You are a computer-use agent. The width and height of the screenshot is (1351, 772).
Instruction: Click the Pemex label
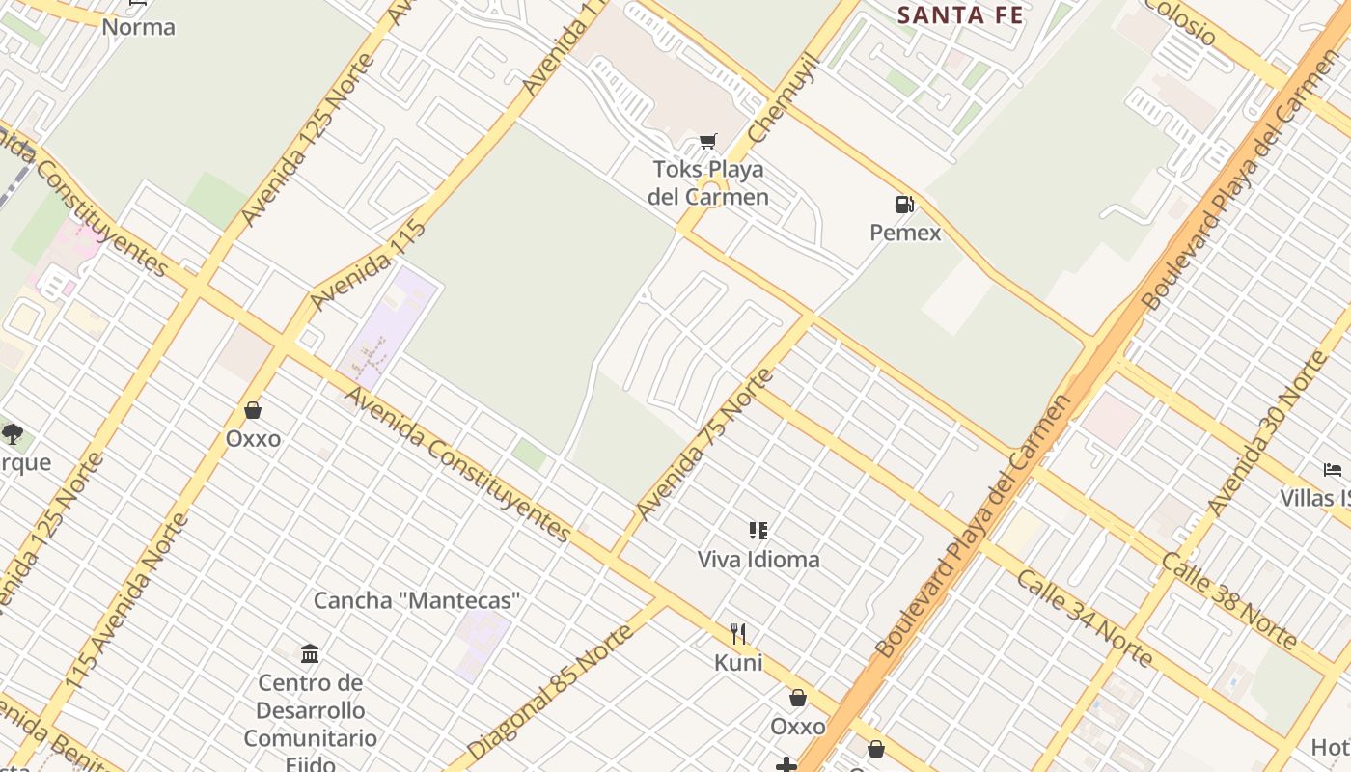coord(905,233)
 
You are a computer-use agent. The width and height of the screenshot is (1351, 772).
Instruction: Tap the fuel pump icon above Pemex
coord(905,205)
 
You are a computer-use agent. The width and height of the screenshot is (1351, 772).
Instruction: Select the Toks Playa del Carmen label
coord(708,183)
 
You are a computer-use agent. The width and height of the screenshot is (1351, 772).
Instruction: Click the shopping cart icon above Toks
coord(708,142)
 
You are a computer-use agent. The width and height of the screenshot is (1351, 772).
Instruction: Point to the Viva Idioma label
coord(758,560)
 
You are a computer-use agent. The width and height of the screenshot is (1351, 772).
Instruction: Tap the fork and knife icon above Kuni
coord(738,634)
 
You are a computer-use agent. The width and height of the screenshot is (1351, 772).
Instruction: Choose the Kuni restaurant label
coord(738,663)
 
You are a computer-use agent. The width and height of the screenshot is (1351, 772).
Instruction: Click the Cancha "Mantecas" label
coord(417,601)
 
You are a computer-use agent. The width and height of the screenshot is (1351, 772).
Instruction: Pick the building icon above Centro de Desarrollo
coord(310,654)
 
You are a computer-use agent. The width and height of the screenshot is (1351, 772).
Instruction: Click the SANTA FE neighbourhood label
coord(960,15)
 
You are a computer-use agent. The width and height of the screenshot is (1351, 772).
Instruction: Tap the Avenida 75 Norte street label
coord(705,445)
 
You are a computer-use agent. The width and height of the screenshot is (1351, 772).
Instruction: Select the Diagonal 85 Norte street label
coord(554,691)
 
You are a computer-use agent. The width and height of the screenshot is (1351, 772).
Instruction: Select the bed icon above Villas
coord(1333,471)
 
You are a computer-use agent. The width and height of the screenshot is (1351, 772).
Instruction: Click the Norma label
coord(139,27)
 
